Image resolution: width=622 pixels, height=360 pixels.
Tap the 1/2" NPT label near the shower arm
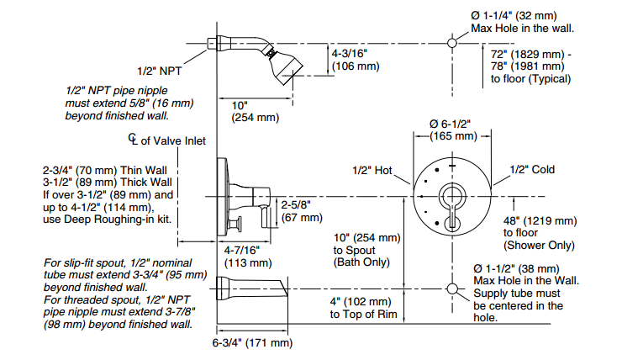159,71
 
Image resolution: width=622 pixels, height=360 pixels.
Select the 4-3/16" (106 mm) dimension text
356,60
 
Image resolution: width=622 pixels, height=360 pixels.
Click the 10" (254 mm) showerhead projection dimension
256,112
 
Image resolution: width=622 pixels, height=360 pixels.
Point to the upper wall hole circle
452,43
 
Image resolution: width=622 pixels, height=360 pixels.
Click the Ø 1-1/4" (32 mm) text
514,16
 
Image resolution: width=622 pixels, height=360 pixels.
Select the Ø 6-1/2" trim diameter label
450,124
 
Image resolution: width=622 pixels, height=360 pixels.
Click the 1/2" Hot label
372,170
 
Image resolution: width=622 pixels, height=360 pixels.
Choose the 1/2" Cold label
532,169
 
